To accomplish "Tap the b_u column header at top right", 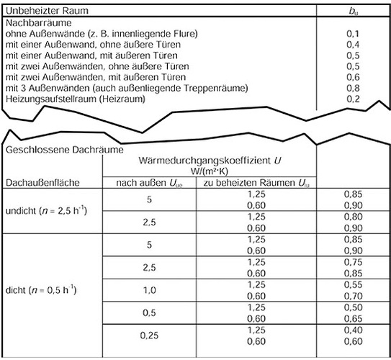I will [352, 11].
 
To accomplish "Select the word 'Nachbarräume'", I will [32, 23].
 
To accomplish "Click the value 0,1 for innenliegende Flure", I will [352, 34].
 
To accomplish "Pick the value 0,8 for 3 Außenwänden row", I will [352, 87].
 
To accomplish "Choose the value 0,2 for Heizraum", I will [352, 98].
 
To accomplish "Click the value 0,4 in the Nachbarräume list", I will [352, 45].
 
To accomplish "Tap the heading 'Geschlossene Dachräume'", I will [55, 151].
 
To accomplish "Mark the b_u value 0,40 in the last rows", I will [352, 330].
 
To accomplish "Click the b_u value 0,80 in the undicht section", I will [352, 216].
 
